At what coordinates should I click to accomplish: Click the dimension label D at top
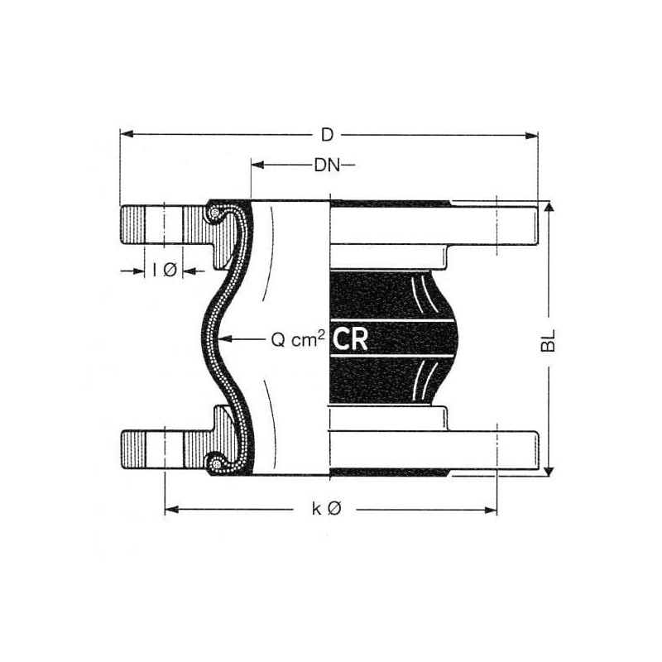pyautogui.click(x=327, y=135)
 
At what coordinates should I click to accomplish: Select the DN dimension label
pyautogui.click(x=327, y=165)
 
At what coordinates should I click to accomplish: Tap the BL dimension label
pyautogui.click(x=549, y=341)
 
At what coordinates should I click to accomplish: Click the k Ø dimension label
pyautogui.click(x=326, y=509)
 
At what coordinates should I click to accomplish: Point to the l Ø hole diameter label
pyautogui.click(x=165, y=270)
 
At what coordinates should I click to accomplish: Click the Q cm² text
pyautogui.click(x=298, y=339)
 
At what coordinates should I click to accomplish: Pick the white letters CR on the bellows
pyautogui.click(x=350, y=340)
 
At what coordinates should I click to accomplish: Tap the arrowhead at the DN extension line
pyautogui.click(x=257, y=165)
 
